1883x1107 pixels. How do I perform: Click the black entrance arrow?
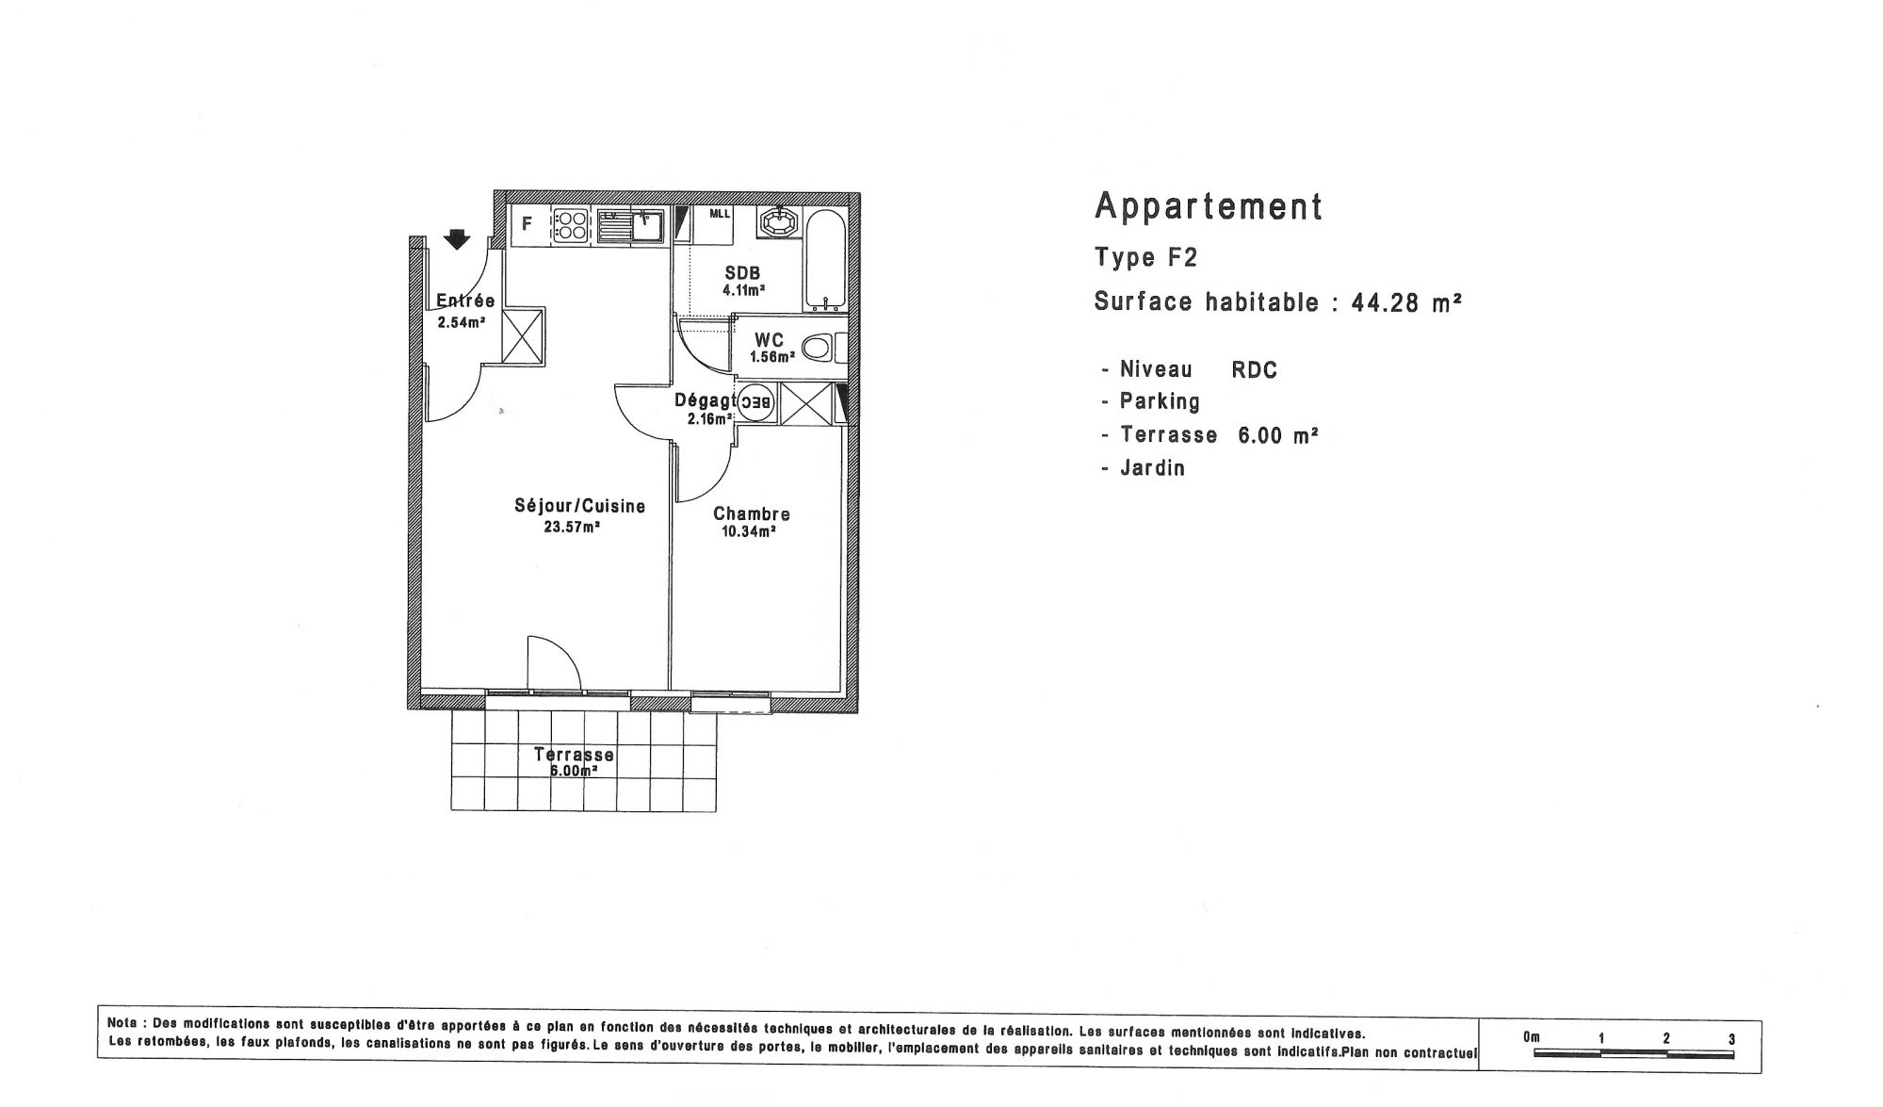pos(457,239)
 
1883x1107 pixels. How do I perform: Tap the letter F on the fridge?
pos(528,224)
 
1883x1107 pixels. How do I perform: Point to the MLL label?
pos(720,214)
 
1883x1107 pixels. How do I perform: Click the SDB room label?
pos(742,273)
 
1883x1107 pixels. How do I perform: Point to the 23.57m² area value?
pos(572,527)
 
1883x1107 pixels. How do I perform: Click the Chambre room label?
pos(752,513)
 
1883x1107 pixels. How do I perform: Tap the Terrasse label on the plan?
pos(574,755)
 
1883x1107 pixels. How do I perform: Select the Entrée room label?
pos(465,301)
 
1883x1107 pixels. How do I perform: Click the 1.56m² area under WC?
pos(772,357)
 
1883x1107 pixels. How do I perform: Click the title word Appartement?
pos(1209,206)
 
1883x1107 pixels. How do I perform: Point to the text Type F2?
pos(1145,257)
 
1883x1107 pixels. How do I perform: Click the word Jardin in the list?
pos(1152,467)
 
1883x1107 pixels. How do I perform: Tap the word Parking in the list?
pos(1160,401)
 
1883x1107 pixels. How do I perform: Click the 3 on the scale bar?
pos(1731,1039)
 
